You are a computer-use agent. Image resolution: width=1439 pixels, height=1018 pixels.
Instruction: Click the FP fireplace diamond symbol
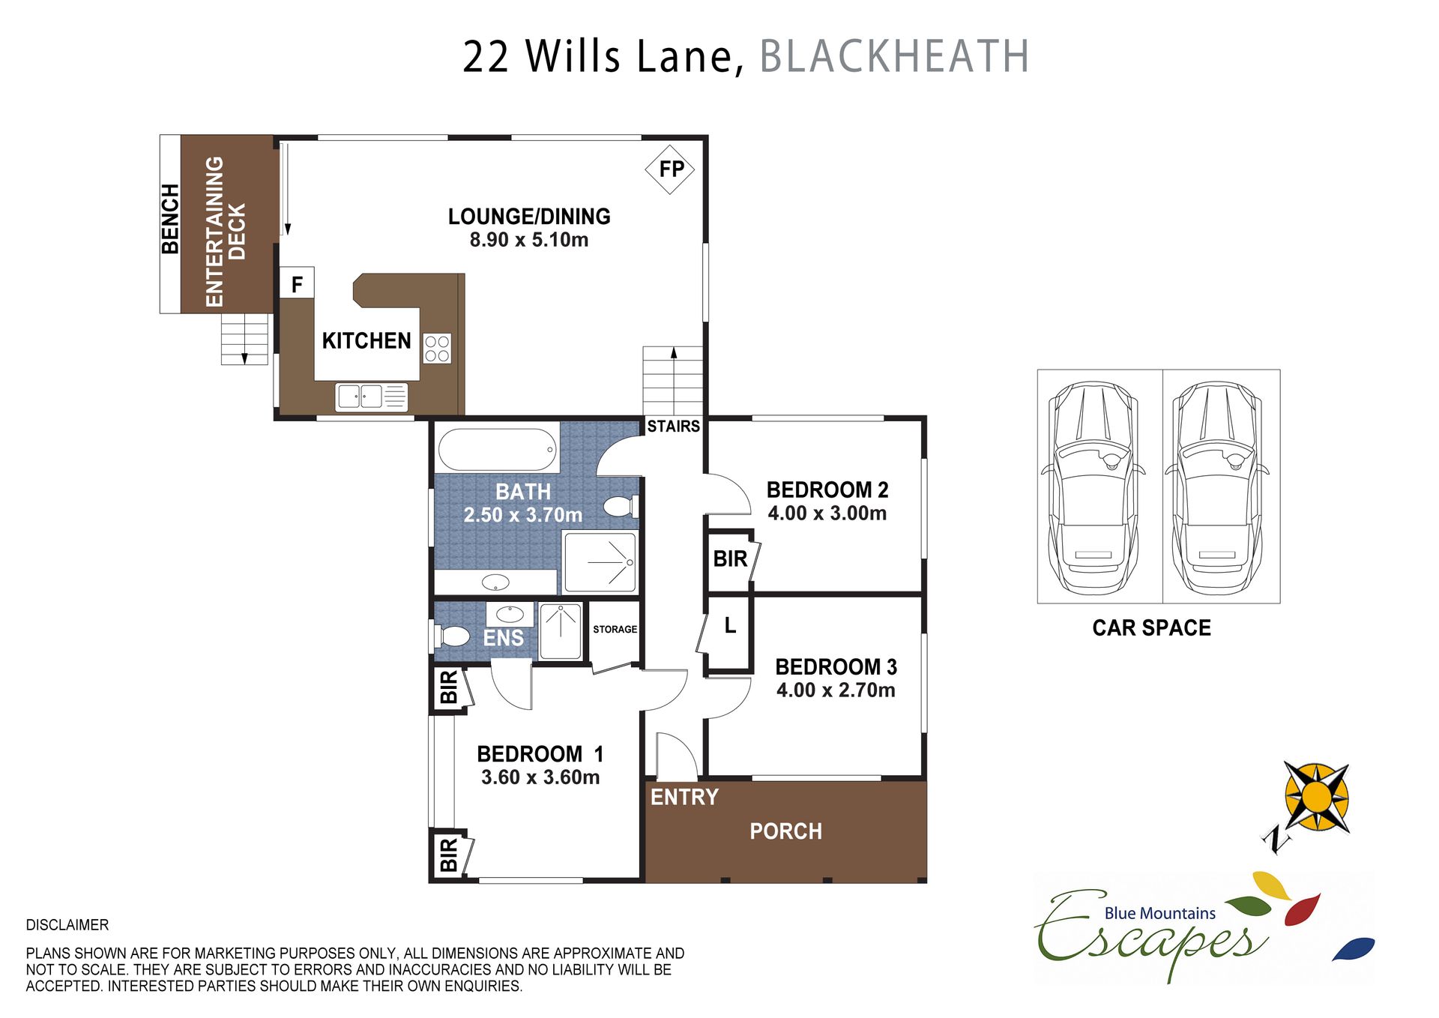(x=670, y=169)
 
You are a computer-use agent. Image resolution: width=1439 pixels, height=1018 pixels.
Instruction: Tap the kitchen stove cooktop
(x=437, y=349)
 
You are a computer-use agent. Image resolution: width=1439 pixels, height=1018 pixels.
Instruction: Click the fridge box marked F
(x=297, y=283)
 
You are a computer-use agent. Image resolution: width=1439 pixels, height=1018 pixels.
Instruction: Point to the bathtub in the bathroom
(x=498, y=449)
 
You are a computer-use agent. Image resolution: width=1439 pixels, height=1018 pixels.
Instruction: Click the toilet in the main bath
(x=621, y=507)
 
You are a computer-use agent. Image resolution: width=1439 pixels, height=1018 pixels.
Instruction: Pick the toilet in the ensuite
(x=452, y=636)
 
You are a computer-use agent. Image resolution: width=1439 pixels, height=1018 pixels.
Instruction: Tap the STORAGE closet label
(x=615, y=630)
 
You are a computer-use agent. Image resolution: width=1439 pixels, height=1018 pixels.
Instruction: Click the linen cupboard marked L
(x=730, y=625)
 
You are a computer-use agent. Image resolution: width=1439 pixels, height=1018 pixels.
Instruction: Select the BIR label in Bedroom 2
(x=730, y=559)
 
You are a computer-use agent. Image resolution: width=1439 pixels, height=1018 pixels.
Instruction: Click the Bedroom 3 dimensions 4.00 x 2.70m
(x=836, y=690)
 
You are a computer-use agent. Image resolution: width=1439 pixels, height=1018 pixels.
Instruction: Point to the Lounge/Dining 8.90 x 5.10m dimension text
(x=529, y=240)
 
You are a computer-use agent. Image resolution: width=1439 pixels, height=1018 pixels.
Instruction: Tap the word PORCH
(x=785, y=831)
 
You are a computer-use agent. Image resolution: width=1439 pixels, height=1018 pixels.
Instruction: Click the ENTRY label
(x=684, y=797)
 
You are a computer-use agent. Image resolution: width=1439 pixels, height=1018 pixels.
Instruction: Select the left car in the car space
(x=1093, y=487)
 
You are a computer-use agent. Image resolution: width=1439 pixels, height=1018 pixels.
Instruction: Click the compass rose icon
(x=1317, y=798)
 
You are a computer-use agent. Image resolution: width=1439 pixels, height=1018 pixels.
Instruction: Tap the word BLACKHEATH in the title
(x=894, y=56)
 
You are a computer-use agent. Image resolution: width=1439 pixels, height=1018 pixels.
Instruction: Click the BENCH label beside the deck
(x=170, y=219)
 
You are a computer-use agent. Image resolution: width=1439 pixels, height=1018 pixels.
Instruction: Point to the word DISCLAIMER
(x=67, y=925)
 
